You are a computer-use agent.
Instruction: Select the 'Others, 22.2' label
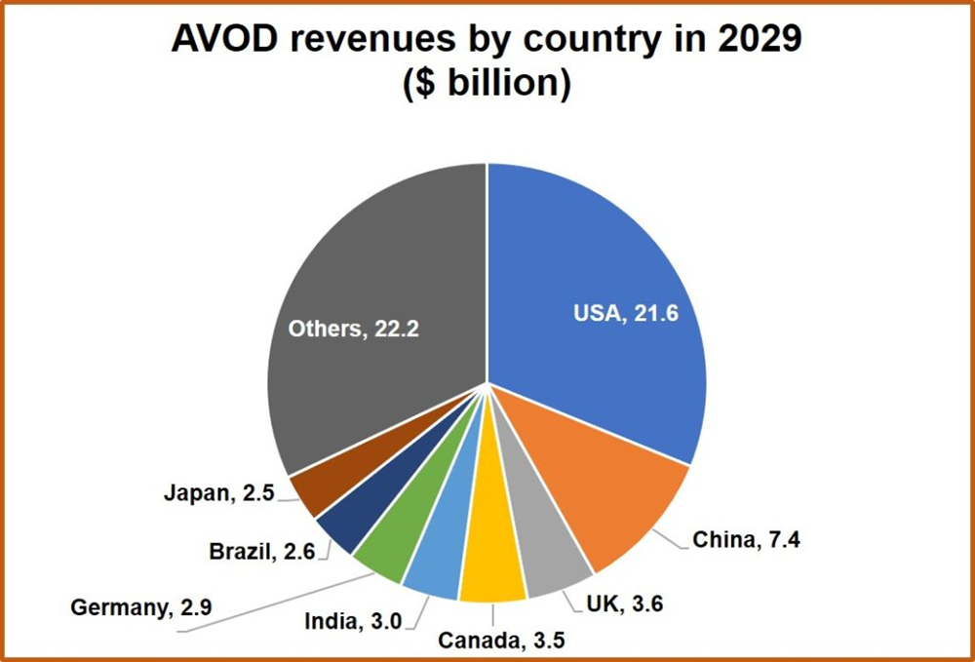(353, 329)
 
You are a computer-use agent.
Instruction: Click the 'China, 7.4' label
(746, 539)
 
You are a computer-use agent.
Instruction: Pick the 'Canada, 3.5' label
(501, 640)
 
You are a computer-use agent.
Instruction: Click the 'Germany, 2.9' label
(142, 607)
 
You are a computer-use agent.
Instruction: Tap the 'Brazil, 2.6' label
(260, 552)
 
